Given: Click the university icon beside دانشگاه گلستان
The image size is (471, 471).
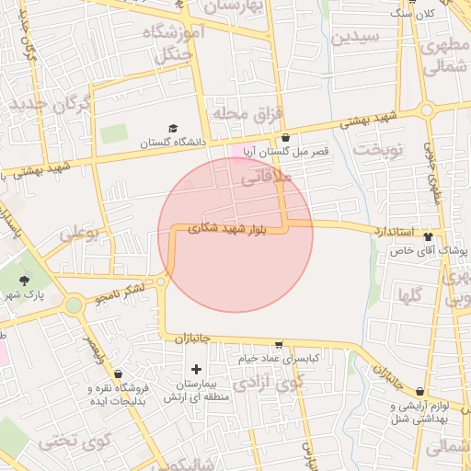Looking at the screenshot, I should (x=173, y=129).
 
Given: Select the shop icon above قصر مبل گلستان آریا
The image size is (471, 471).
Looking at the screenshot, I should (x=285, y=138).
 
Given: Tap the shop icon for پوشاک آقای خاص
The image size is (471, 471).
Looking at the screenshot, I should (x=441, y=236).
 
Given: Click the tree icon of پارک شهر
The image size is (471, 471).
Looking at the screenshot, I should (x=24, y=280).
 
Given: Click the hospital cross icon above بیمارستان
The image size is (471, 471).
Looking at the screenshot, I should (x=196, y=369).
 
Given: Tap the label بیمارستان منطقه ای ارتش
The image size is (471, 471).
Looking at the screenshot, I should (x=195, y=390).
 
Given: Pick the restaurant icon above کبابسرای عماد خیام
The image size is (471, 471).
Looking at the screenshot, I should (x=279, y=344).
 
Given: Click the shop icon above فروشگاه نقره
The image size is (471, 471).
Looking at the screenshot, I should (x=119, y=373).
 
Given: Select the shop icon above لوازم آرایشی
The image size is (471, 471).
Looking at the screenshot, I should (x=419, y=392).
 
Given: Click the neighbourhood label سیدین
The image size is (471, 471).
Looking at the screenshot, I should (x=354, y=39).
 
